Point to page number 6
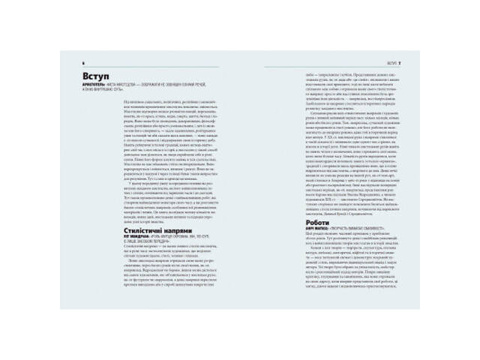click(x=83, y=62)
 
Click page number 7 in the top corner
click(x=401, y=62)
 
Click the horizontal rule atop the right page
click(x=337, y=66)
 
